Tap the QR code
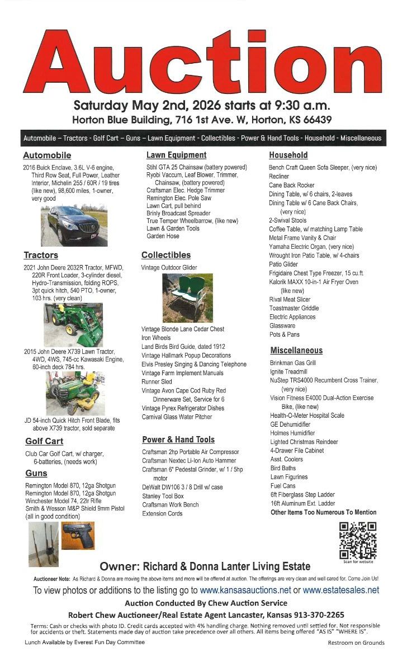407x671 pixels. tap(357, 540)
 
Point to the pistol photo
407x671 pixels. tap(78, 537)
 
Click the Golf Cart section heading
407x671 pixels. tap(44, 441)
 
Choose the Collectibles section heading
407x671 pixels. tap(166, 255)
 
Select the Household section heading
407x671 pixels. tap(288, 155)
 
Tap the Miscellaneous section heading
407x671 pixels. tap(296, 351)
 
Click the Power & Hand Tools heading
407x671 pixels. tap(178, 440)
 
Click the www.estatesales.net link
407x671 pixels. tap(340, 590)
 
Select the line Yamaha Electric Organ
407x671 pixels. tap(311, 247)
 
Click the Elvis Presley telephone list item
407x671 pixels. tap(193, 364)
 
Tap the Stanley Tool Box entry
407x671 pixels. tap(163, 496)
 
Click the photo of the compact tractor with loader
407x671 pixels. tap(73, 326)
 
